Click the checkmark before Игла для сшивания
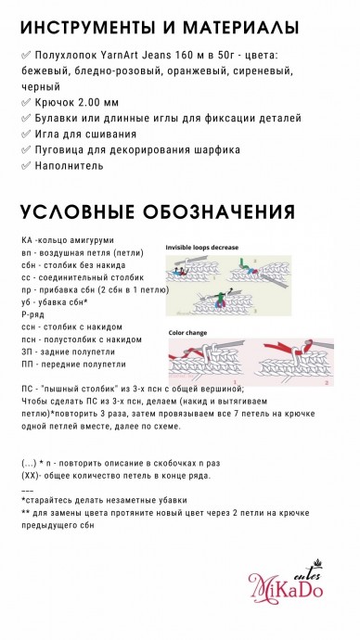coord(25,134)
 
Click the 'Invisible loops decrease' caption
coord(202,248)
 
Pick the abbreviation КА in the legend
coord(26,240)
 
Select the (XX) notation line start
coord(31,475)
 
